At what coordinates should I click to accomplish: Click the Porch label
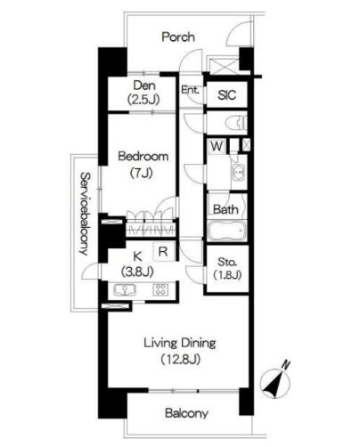pyautogui.click(x=178, y=37)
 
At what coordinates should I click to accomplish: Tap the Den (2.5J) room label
pyautogui.click(x=144, y=93)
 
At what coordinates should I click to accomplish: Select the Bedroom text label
pyautogui.click(x=143, y=156)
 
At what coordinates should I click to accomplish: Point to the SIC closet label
pyautogui.click(x=227, y=95)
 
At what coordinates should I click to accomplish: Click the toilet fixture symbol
pyautogui.click(x=236, y=123)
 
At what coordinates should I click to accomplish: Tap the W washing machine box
pyautogui.click(x=217, y=146)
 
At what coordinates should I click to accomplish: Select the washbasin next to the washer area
pyautogui.click(x=238, y=173)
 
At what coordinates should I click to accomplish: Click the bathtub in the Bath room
pyautogui.click(x=227, y=231)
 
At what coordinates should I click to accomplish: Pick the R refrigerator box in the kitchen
pyautogui.click(x=163, y=251)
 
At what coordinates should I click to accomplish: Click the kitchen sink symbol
pyautogui.click(x=125, y=290)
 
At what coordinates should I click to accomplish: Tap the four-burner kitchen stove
pyautogui.click(x=160, y=289)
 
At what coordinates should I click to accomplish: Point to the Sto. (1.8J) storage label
pyautogui.click(x=227, y=269)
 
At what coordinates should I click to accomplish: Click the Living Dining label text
pyautogui.click(x=180, y=343)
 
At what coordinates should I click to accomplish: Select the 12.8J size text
pyautogui.click(x=180, y=360)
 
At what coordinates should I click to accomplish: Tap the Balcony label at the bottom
pyautogui.click(x=186, y=413)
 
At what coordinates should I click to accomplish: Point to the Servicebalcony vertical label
pyautogui.click(x=85, y=214)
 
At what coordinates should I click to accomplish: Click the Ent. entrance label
pyautogui.click(x=190, y=90)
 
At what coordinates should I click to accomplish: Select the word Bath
pyautogui.click(x=225, y=209)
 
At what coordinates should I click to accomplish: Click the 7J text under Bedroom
pyautogui.click(x=142, y=173)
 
